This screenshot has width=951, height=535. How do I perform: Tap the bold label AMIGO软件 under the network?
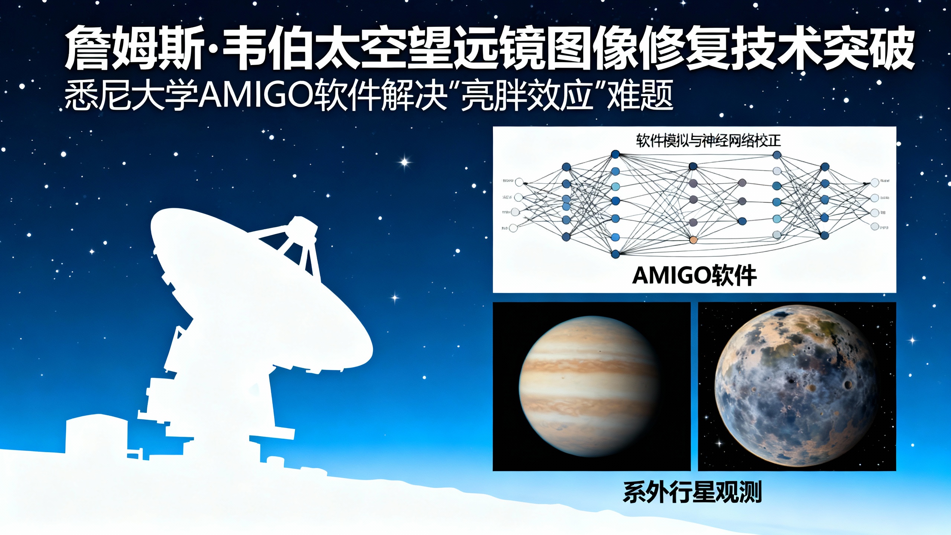(694, 276)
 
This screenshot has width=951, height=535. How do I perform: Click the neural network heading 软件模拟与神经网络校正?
(708, 141)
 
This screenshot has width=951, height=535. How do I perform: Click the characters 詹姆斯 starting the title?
(134, 48)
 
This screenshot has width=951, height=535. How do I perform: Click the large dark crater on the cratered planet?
(848, 385)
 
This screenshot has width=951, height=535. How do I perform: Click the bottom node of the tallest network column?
(615, 254)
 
